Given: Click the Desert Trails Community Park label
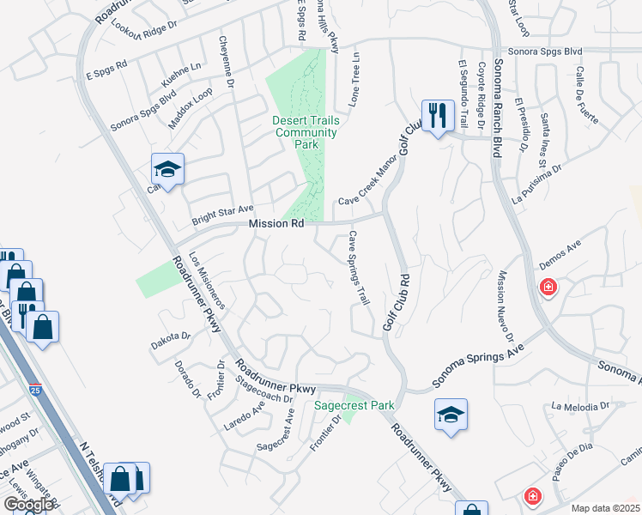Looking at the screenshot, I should pyautogui.click(x=306, y=132).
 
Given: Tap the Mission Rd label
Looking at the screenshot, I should pyautogui.click(x=276, y=224).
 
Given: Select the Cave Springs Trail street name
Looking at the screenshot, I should pyautogui.click(x=359, y=268).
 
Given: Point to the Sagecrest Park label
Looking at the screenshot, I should pyautogui.click(x=353, y=404).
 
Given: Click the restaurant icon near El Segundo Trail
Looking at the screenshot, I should pyautogui.click(x=438, y=114).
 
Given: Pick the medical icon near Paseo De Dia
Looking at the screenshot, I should pyautogui.click(x=532, y=496).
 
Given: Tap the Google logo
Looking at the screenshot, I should pyautogui.click(x=29, y=505).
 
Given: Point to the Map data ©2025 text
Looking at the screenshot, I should pyautogui.click(x=606, y=507).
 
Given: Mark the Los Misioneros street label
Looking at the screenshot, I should pyautogui.click(x=207, y=280).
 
